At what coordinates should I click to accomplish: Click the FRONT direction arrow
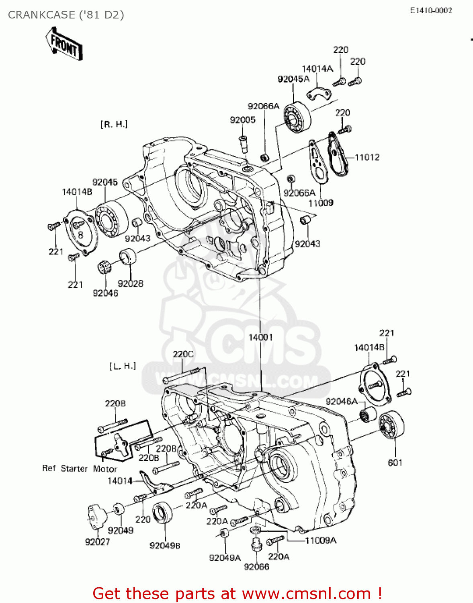point(63,44)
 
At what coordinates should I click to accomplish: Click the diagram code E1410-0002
point(431,11)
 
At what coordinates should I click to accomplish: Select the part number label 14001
point(260,337)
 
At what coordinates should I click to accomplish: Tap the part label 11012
point(367,157)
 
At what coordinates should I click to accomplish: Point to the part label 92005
point(242,120)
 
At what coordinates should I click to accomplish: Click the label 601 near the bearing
point(395,463)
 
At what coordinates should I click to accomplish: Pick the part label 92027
point(97,542)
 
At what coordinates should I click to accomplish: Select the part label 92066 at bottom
point(256,567)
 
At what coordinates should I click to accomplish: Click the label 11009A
point(321,540)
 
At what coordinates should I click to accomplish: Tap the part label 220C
point(183,354)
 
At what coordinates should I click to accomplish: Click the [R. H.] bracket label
point(114,125)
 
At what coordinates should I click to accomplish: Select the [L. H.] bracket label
point(123,366)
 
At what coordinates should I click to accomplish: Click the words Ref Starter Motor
point(80,469)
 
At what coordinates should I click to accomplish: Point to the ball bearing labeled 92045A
point(297,117)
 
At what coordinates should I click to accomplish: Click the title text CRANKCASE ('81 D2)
point(66,15)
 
